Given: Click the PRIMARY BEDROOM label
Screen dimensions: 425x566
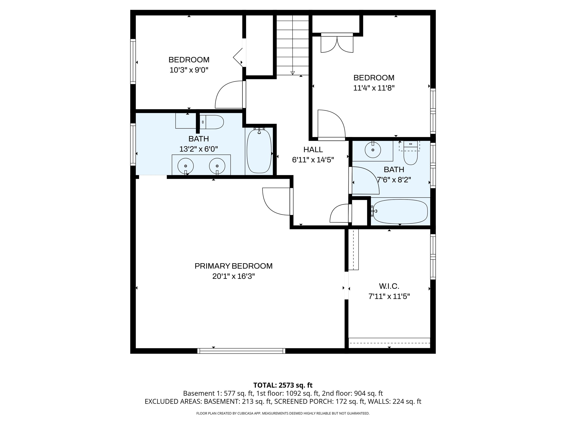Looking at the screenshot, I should [233, 266].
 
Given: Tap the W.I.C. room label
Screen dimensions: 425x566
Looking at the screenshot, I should [389, 286].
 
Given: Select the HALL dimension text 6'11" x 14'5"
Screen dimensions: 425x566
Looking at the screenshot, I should [313, 160].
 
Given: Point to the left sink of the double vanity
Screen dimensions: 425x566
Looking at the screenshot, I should [186, 166].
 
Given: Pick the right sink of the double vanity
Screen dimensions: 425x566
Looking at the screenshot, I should [217, 166].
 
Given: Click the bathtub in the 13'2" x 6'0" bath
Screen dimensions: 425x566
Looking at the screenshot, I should [259, 151].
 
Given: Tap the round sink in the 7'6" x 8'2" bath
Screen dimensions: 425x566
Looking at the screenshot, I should [373, 150].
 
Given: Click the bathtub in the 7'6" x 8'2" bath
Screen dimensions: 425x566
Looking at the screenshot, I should [400, 212].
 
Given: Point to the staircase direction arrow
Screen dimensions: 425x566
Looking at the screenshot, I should [292, 73].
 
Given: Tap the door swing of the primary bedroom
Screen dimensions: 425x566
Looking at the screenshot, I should [276, 202].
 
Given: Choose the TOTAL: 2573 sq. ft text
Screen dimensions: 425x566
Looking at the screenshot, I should [283, 385].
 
